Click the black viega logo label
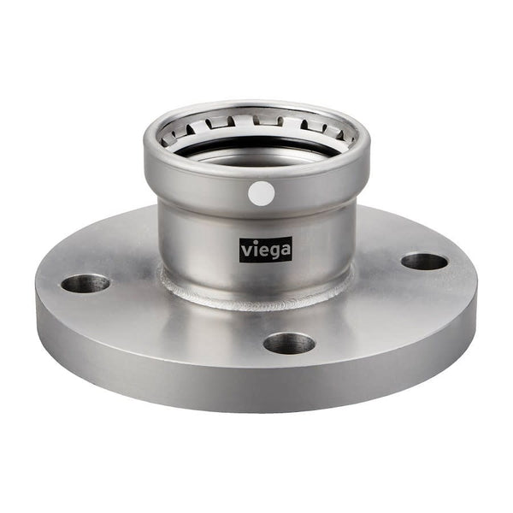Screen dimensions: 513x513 coord(265,250)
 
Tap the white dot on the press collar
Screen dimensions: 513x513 coord(262,193)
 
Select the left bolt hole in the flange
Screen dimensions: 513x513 coord(85,283)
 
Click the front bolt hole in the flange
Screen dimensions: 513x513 coord(289,343)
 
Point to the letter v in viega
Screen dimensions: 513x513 coord(245,251)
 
